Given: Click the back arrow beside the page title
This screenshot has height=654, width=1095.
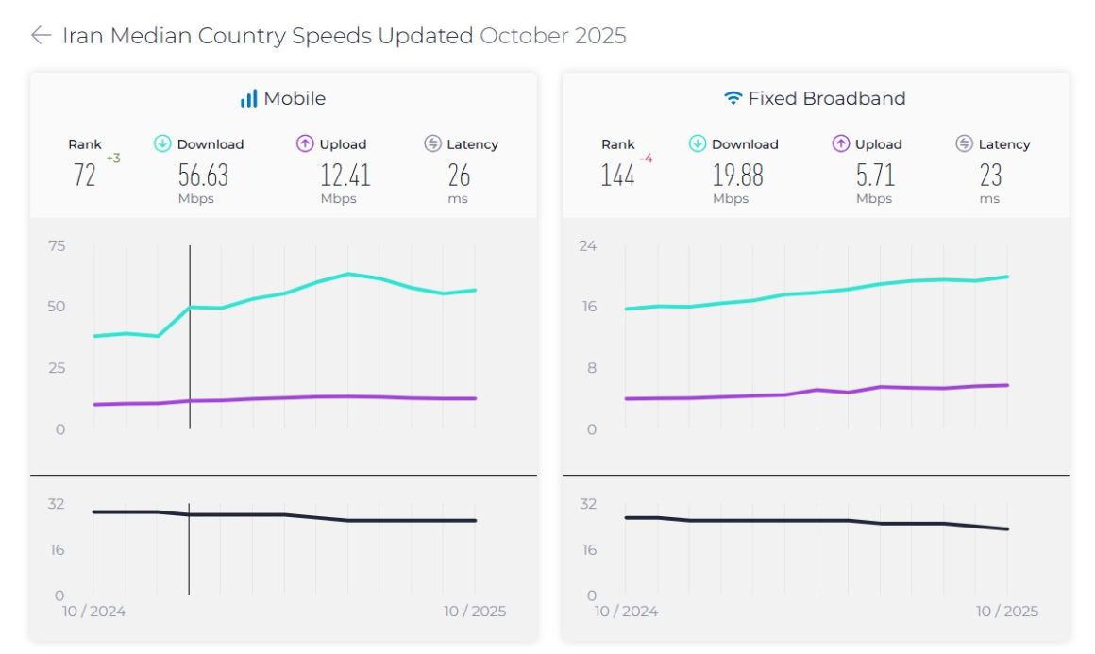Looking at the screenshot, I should [41, 36].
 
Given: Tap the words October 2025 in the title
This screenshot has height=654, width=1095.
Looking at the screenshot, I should [552, 36].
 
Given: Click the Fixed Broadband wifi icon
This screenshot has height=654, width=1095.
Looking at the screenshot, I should [733, 98].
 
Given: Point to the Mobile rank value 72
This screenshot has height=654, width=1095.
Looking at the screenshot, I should [85, 175].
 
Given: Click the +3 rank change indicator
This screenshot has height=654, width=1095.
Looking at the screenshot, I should [113, 159].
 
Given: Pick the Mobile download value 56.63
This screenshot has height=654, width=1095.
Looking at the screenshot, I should [203, 175].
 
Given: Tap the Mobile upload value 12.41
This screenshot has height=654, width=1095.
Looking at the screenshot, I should [345, 175].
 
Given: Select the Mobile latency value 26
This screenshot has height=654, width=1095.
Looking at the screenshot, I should [459, 175].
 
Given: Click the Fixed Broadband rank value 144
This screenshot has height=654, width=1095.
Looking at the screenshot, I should [617, 175].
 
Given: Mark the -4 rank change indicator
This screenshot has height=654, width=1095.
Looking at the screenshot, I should [646, 159].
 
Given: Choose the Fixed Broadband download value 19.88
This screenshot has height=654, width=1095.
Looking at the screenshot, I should [737, 175].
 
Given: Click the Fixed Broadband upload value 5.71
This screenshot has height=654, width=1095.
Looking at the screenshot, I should [875, 175].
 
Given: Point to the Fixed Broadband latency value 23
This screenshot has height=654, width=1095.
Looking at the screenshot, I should [990, 175].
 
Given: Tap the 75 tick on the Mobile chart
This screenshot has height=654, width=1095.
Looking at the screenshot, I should [57, 245].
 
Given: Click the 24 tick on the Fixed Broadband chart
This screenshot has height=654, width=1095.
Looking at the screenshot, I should [588, 245].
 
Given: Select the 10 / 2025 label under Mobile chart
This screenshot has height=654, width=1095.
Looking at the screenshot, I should [475, 612].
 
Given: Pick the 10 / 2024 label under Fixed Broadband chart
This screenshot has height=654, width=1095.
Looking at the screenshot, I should [626, 612].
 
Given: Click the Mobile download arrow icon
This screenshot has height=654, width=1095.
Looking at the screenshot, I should [162, 143].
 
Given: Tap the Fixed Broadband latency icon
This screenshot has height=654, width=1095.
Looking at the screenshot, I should [964, 143].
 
